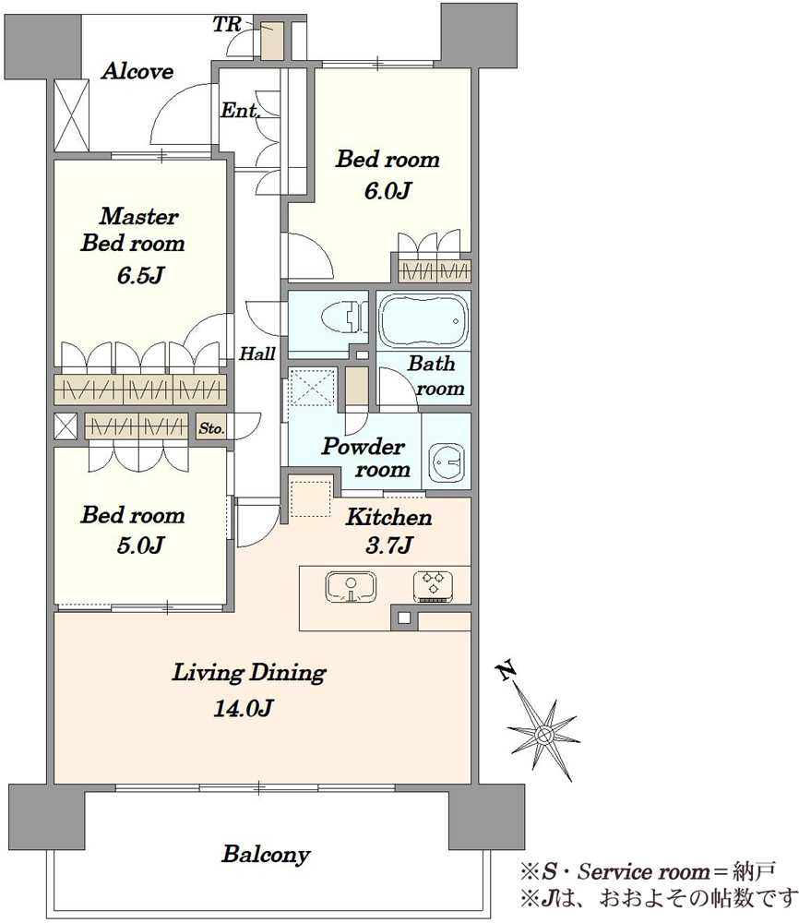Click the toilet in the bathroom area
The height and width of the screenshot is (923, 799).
(342, 318)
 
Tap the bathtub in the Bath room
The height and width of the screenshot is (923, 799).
(423, 321)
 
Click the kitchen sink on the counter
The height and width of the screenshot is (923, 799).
(351, 587)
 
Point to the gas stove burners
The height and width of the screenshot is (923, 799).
(433, 587)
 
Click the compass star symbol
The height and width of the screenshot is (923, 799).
(543, 734)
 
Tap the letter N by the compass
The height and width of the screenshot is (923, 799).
(506, 670)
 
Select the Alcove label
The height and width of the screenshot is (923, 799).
(137, 71)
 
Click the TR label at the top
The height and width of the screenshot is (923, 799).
(227, 24)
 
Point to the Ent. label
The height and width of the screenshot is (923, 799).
(240, 110)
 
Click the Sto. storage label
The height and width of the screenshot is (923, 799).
(211, 428)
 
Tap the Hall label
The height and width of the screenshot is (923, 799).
(257, 354)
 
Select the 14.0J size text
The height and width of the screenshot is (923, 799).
(243, 708)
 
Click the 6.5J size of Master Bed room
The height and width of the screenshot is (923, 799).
(140, 275)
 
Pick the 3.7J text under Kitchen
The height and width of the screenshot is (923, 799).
(388, 545)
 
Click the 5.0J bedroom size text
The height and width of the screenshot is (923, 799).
(139, 545)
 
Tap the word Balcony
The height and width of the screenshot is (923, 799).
(266, 854)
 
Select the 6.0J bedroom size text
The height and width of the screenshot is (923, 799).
(388, 191)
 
